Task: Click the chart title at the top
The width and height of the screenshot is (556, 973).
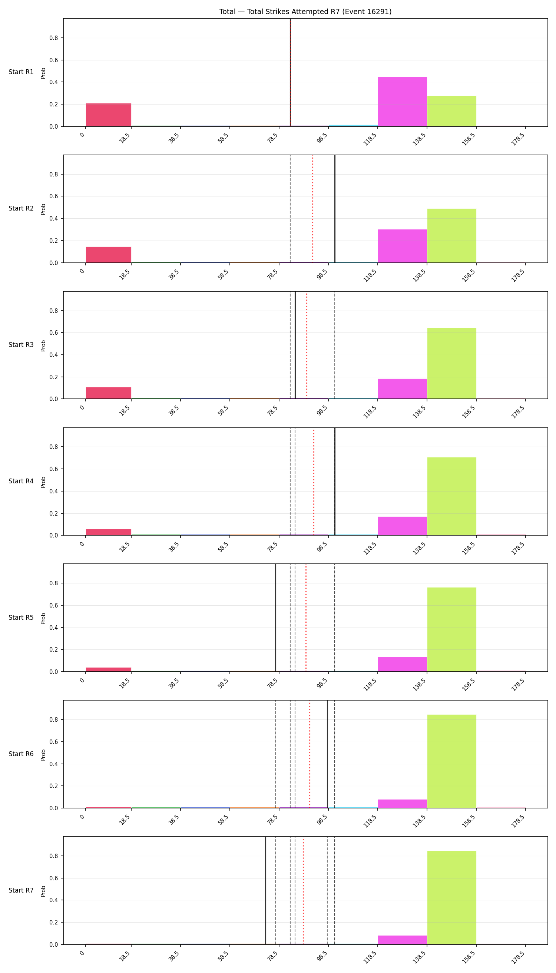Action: tap(305, 12)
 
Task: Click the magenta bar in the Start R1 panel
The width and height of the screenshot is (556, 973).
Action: tap(403, 102)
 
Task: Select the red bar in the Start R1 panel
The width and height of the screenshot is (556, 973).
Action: tap(109, 115)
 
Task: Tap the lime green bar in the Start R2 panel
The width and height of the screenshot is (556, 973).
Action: tap(452, 236)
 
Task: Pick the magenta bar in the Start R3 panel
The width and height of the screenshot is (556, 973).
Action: tap(403, 389)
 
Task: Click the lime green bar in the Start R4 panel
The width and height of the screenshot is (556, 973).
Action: tap(452, 496)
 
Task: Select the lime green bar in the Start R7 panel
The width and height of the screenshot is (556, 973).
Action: tap(452, 897)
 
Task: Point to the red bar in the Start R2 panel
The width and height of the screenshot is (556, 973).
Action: tap(109, 255)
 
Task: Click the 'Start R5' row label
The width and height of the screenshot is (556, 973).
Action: tap(21, 618)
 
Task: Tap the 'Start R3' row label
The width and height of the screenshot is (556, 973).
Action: tap(21, 345)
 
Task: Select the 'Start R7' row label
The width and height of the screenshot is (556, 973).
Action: tap(21, 890)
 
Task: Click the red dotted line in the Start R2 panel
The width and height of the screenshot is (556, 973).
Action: tap(313, 209)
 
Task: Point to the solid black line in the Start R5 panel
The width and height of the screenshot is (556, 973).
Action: tap(276, 618)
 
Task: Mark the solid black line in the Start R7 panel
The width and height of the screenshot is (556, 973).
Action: tap(266, 890)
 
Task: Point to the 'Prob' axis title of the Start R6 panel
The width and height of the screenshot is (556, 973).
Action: tap(43, 755)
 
